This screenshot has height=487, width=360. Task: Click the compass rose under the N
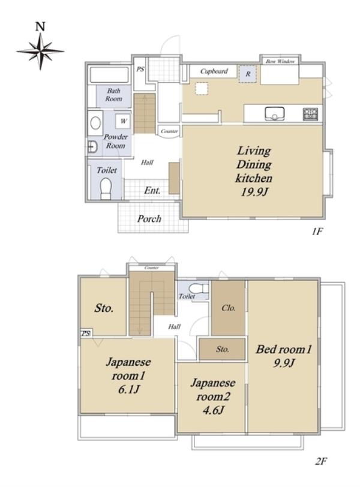pos(40,51)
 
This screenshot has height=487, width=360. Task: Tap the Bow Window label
pos(280,61)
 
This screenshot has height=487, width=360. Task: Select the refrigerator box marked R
pos(248,74)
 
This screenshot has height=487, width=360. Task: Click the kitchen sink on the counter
pos(275,114)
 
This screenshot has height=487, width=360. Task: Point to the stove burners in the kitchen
pos(311,115)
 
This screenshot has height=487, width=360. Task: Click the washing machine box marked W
pos(124,121)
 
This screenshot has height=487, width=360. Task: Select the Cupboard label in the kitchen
pos(214,71)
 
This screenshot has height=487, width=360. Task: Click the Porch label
pos(149,219)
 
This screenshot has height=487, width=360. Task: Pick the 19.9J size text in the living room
pos(254,193)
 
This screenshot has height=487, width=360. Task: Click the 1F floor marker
pos(317,232)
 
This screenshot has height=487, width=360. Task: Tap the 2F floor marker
pos(321,461)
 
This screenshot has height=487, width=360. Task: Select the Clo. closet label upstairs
pos(229,308)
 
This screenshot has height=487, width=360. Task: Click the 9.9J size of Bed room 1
pos(283,363)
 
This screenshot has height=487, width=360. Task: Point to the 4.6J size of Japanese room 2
pos(213,410)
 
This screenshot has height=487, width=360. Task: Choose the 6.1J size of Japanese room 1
pos(128,389)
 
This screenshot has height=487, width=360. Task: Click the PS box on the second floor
pos(86,333)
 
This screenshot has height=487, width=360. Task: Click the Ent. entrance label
pos(152,190)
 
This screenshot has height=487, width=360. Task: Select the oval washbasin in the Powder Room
pos(95,124)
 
